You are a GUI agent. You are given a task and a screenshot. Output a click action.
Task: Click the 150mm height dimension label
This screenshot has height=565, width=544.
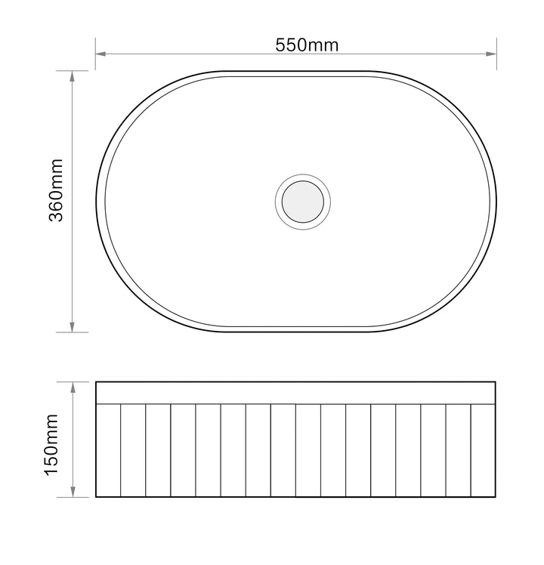point(52,445)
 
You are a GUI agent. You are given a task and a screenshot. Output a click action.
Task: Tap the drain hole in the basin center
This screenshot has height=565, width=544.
point(303,201)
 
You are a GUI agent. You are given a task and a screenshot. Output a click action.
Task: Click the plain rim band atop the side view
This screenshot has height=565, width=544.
point(296,393)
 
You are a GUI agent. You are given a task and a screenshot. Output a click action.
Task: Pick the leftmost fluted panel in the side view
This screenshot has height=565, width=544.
point(108,450)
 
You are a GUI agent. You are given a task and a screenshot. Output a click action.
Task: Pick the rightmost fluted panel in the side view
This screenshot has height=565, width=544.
point(484,450)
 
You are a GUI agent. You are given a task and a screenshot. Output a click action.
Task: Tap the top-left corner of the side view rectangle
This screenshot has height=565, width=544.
point(96,382)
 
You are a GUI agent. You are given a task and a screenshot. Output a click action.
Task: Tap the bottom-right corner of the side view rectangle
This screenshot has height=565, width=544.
point(496,497)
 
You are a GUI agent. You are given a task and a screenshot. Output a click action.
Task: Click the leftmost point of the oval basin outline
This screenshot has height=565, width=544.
point(96,201)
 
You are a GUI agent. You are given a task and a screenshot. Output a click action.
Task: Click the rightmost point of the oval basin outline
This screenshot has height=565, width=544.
point(496,201)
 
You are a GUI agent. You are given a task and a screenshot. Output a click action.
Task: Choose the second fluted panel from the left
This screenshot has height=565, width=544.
point(133,450)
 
